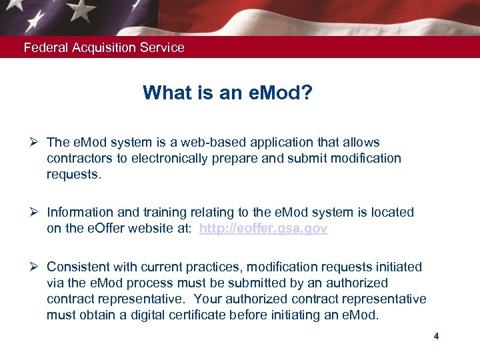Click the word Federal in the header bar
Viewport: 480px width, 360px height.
coord(43,48)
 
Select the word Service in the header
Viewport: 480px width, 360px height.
coord(163,48)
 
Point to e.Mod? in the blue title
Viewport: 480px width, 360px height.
coord(279,93)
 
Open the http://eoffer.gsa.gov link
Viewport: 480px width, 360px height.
coord(263,229)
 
